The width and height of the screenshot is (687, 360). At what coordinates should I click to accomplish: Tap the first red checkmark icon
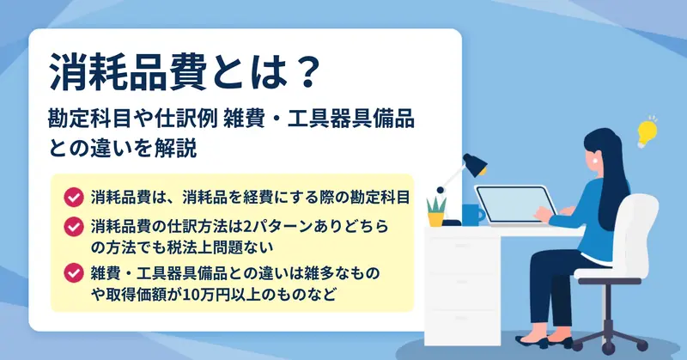tap(74, 198)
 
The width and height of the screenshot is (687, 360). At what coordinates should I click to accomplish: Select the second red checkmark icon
tap(74, 227)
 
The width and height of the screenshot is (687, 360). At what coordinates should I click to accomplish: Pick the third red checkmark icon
tap(74, 273)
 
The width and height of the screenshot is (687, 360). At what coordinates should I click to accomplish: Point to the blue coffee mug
tap(473, 215)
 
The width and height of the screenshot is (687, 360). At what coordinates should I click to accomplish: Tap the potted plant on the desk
tap(436, 211)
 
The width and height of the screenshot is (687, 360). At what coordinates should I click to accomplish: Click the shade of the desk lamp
tap(475, 164)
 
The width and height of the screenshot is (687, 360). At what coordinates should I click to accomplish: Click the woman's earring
tap(596, 160)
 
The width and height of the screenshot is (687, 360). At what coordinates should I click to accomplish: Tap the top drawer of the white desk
tap(462, 247)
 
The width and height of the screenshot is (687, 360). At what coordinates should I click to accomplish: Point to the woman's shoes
tap(544, 341)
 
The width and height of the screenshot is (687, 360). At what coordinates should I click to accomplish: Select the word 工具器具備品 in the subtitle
tap(350, 119)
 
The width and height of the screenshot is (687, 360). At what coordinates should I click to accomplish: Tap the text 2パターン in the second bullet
tap(277, 227)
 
